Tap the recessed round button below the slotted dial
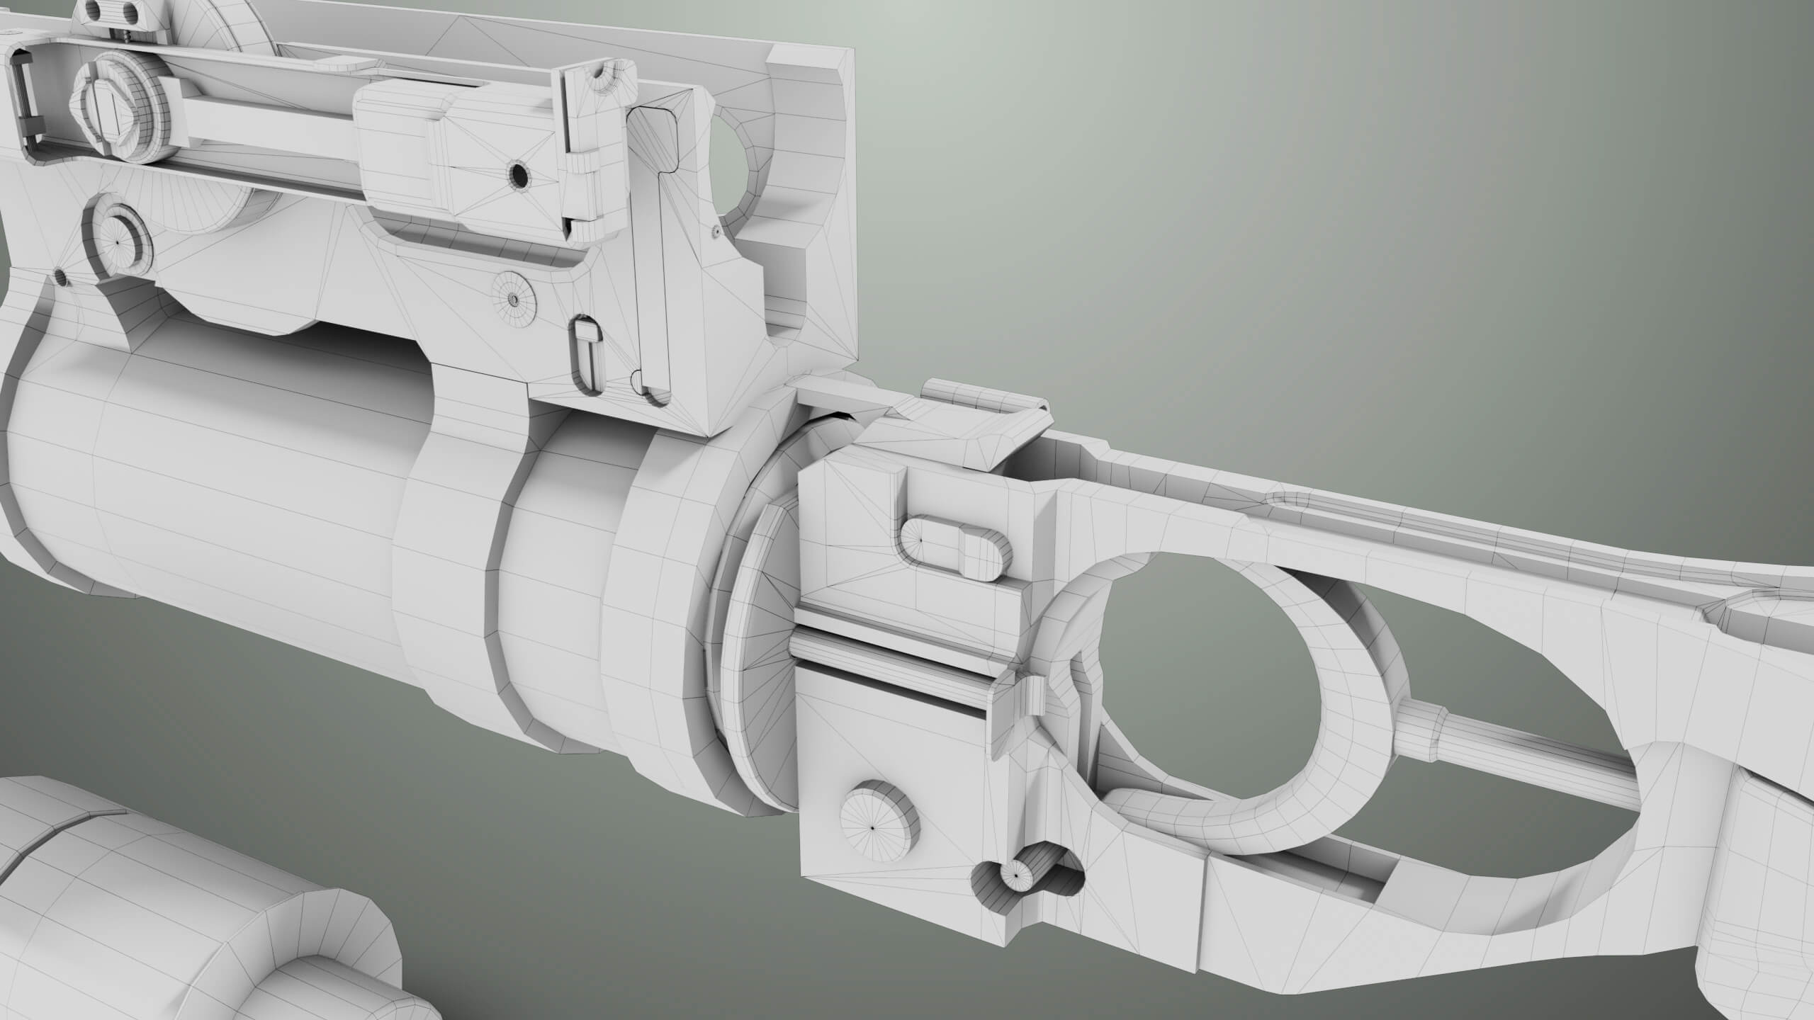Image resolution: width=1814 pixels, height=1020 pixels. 118,239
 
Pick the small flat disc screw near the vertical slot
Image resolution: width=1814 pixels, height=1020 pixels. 514,299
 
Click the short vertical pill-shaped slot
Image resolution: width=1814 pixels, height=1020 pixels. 586,356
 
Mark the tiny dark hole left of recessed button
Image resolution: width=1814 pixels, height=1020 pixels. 60,278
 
